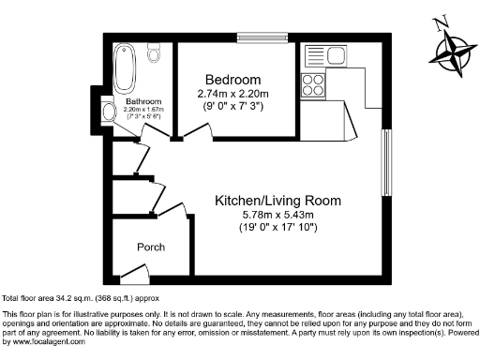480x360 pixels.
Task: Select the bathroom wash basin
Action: coord(110,112)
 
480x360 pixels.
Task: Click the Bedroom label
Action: coord(232,80)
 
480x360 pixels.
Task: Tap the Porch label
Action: coord(150,247)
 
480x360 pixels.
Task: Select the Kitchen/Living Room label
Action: coord(277,201)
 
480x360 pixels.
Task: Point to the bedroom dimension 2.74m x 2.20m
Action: coord(232,94)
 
